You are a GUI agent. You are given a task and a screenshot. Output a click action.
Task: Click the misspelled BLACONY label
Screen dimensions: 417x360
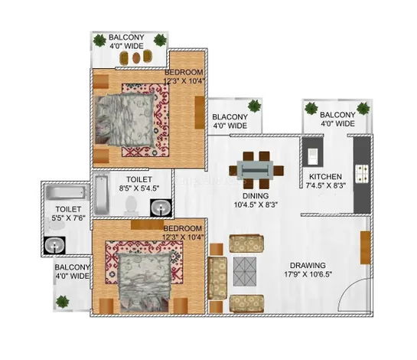230,117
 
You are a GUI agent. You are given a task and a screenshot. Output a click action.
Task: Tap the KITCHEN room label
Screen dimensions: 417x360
325,176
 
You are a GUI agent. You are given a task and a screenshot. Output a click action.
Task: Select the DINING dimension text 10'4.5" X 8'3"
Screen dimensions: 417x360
256,205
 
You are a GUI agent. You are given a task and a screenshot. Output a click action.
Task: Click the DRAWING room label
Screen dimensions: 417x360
308,265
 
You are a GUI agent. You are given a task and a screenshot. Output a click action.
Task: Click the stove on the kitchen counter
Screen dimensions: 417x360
362,174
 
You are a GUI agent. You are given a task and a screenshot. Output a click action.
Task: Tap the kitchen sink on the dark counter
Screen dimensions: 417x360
312,157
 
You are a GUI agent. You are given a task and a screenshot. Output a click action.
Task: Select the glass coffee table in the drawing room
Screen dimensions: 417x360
245,271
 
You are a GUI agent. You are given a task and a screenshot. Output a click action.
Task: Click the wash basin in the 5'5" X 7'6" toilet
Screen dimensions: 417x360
54,245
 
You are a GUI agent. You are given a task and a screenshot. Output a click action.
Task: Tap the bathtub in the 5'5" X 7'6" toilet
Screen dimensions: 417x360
67,192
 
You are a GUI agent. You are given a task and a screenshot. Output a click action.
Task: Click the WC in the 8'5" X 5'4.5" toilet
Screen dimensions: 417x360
131,205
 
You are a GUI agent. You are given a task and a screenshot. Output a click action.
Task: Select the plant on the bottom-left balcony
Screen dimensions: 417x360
63,302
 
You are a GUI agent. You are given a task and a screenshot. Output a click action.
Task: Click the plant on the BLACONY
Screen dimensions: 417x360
255,106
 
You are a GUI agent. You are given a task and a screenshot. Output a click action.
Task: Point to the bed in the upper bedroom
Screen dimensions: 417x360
125,119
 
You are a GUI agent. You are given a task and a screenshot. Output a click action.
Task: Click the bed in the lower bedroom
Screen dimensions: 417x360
144,282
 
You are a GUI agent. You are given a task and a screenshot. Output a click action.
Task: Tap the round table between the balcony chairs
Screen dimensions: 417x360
136,57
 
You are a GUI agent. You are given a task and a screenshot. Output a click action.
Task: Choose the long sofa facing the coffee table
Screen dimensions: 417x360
217,278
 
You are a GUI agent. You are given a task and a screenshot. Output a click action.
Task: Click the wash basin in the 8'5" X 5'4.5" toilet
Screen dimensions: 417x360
161,208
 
